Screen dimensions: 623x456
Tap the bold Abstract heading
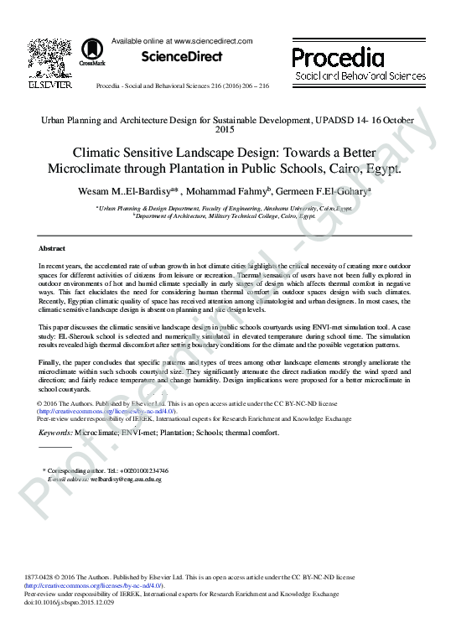(52, 249)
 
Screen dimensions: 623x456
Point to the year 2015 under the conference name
(227, 130)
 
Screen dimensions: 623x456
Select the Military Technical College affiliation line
(225, 215)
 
